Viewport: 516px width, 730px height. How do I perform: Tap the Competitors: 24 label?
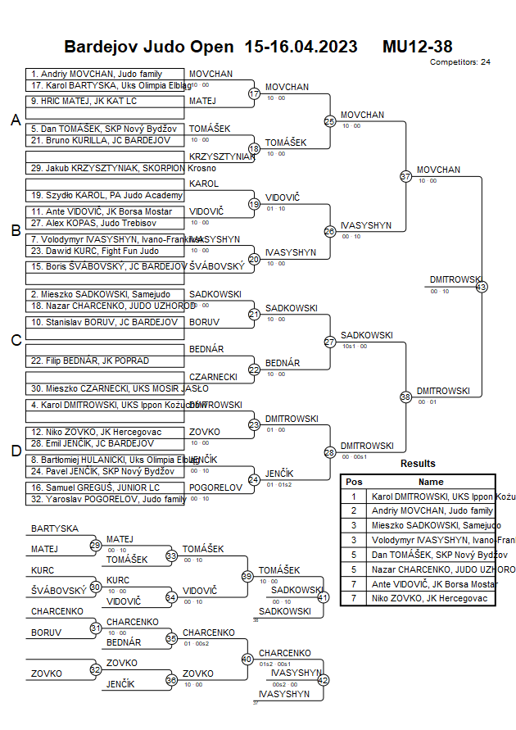pos(459,61)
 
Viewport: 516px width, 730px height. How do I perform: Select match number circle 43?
pos(482,287)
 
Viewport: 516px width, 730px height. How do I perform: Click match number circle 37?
pos(405,176)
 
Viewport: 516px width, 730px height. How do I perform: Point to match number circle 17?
pos(254,93)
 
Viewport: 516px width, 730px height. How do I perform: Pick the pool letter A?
pos(15,120)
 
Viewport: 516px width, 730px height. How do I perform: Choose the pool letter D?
pos(15,451)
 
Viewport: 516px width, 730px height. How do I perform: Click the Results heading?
pos(418,464)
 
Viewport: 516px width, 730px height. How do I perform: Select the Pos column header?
pos(354,482)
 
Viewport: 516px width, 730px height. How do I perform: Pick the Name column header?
pos(431,482)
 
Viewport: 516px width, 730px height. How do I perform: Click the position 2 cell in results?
pos(354,510)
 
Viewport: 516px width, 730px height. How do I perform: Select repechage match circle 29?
pos(96,545)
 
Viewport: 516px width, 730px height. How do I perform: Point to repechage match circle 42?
pos(323,680)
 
